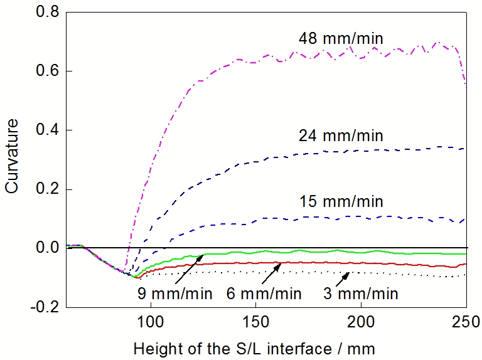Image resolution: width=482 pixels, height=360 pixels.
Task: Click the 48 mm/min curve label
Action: click(340, 39)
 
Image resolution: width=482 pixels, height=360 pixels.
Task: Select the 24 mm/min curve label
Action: click(340, 135)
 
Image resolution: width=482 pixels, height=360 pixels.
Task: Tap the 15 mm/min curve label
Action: click(340, 202)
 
